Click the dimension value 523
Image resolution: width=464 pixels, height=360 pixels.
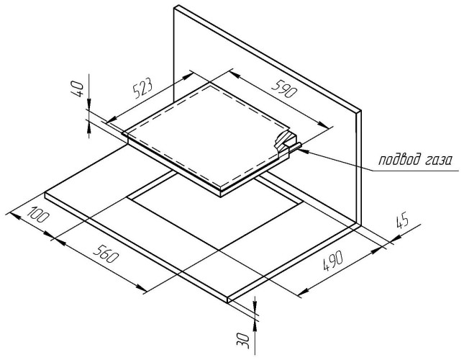click(142, 88)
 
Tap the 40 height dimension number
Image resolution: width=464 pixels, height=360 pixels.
click(78, 88)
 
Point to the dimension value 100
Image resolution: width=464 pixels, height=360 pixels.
click(37, 215)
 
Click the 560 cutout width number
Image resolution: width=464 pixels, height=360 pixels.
click(105, 254)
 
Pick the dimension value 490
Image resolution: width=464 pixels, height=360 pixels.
click(332, 261)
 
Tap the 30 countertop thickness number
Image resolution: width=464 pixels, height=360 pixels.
click(243, 341)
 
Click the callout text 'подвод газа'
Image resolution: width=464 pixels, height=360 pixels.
click(416, 160)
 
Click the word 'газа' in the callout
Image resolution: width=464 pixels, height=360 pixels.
click(437, 161)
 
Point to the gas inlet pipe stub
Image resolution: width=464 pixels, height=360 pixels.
click(296, 147)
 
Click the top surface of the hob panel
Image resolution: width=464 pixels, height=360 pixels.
click(207, 133)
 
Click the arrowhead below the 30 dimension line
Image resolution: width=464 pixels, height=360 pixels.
click(255, 325)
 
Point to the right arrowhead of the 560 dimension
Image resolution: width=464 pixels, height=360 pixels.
click(142, 287)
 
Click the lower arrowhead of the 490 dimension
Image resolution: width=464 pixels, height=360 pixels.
click(304, 292)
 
